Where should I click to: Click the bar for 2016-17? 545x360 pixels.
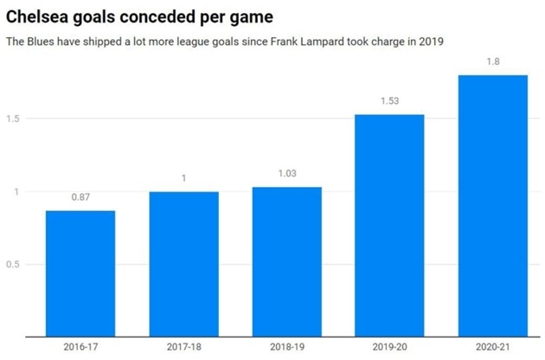[x=80, y=273]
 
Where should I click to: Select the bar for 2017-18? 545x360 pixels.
[x=183, y=263]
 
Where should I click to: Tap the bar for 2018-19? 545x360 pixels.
[x=287, y=261]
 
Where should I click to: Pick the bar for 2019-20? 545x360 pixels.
[x=390, y=225]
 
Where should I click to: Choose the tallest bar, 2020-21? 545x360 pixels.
[x=493, y=206]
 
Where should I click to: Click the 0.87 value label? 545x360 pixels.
[x=80, y=198]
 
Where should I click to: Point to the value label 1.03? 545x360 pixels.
[x=287, y=174]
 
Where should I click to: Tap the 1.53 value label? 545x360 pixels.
[x=390, y=102]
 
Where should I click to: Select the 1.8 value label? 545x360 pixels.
[x=493, y=62]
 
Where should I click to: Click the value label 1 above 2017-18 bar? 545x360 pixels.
[x=183, y=179]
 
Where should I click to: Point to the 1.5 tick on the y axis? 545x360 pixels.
[x=14, y=119]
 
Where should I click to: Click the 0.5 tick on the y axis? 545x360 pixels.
[x=14, y=265]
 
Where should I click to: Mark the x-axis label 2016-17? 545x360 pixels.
[x=80, y=347]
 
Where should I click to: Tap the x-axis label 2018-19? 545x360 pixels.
[x=287, y=347]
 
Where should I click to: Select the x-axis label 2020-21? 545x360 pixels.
[x=493, y=347]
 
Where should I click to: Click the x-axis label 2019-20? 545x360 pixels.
[x=390, y=347]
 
